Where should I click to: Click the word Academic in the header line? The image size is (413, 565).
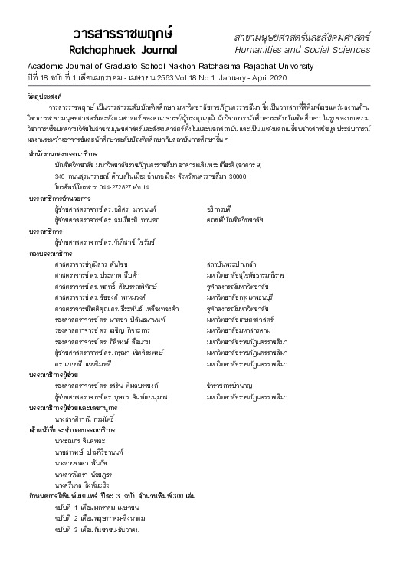(x=48, y=67)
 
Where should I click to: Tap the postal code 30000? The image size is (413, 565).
(x=237, y=176)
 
